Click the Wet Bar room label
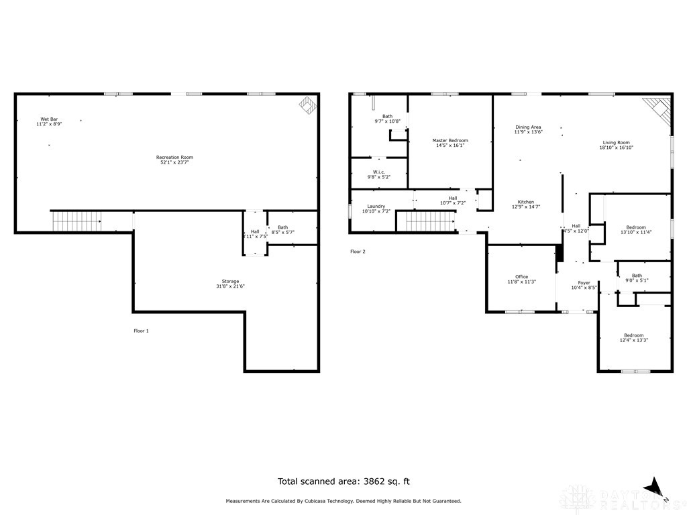(x=49, y=119)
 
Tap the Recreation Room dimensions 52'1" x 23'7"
(x=177, y=162)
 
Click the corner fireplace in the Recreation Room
(x=308, y=105)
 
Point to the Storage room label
(x=230, y=281)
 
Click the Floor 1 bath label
(x=282, y=227)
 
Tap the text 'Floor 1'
(x=141, y=331)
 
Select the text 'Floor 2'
(x=358, y=251)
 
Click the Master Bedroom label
(x=450, y=140)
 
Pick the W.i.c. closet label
(x=379, y=172)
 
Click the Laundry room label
(x=376, y=206)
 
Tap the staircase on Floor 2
(x=425, y=220)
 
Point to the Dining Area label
(x=528, y=127)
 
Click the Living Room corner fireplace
(x=658, y=109)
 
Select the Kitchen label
(x=525, y=202)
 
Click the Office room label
(x=521, y=277)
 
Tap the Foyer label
(x=584, y=283)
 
